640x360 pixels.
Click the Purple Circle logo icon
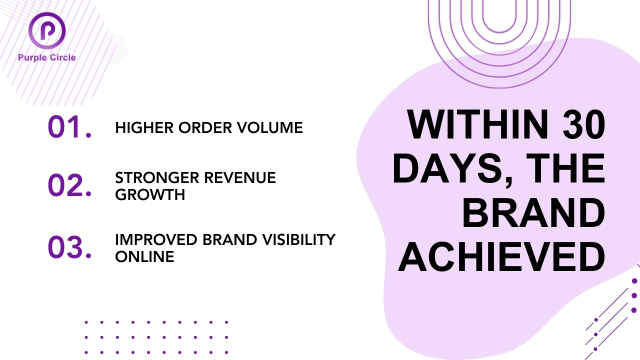(47, 30)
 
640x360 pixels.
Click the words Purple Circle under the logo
(47, 57)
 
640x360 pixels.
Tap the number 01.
(69, 127)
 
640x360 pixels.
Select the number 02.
(69, 185)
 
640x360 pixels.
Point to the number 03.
(69, 247)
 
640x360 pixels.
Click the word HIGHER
(144, 127)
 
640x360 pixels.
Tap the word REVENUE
(240, 177)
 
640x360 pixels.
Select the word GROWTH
(150, 195)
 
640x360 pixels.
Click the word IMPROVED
(156, 239)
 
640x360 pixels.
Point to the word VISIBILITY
(299, 239)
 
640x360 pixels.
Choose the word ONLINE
(144, 256)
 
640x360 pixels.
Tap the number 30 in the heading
(583, 124)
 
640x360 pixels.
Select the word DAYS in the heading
(451, 169)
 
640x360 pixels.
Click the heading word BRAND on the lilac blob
(533, 213)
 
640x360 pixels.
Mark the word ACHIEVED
(501, 257)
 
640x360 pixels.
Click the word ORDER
(205, 127)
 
